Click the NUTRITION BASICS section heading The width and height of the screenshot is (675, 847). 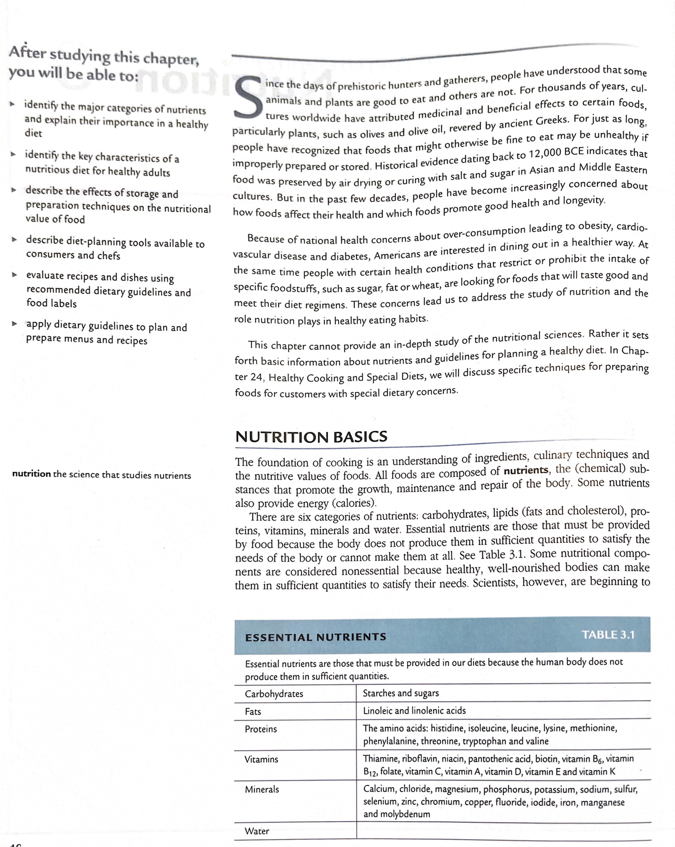[x=310, y=436]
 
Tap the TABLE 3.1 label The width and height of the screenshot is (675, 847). [x=608, y=635]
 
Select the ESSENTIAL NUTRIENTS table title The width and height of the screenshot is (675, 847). [x=316, y=637]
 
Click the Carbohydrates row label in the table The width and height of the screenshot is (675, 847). [x=274, y=694]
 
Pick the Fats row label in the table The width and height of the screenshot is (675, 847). [x=253, y=712]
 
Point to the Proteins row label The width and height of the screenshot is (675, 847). [x=261, y=729]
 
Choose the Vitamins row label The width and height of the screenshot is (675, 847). [x=262, y=759]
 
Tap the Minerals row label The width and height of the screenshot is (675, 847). [x=262, y=790]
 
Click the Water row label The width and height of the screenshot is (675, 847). [x=257, y=831]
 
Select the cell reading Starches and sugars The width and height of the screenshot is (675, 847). [x=401, y=693]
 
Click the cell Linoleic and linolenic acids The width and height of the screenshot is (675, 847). [x=415, y=711]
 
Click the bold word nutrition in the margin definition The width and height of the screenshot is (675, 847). [x=31, y=474]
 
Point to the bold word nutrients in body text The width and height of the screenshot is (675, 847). [x=526, y=471]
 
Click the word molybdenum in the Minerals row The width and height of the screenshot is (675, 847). [x=404, y=814]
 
